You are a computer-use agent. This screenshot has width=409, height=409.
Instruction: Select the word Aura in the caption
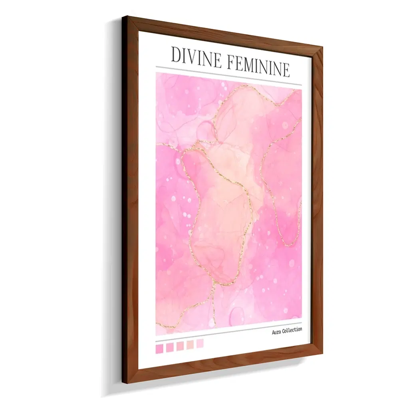[x=276, y=332]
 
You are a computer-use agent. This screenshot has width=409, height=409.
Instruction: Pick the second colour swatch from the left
[x=170, y=347]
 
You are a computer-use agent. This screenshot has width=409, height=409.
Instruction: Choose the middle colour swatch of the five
[x=180, y=346]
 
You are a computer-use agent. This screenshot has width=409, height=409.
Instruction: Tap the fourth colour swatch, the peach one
[x=190, y=344]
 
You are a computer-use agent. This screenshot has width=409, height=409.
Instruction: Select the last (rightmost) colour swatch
[x=200, y=343]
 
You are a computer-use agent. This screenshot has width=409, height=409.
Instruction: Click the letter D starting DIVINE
[x=175, y=55]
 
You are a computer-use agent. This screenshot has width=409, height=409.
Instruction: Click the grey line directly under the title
[x=228, y=76]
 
